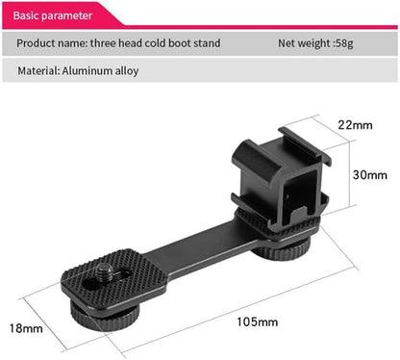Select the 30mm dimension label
369,175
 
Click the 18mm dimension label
26,329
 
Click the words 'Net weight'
307,43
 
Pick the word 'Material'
37,72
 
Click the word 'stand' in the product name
206,43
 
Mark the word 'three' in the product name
109,43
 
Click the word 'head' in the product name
133,43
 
